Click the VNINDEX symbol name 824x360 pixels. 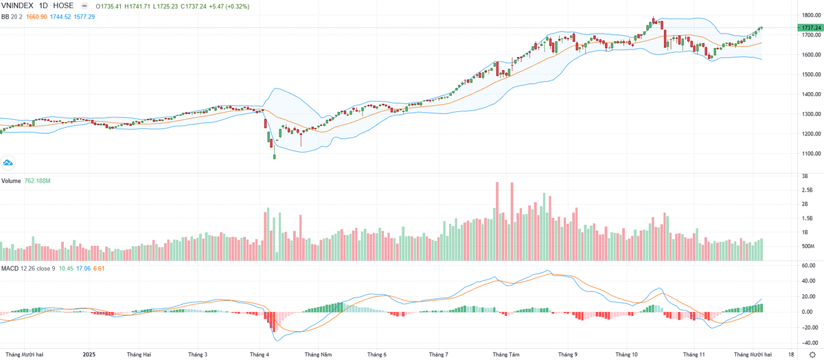(20, 5)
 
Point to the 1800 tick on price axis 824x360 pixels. (807, 14)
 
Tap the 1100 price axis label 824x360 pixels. (807, 154)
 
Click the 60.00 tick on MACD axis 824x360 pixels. (808, 265)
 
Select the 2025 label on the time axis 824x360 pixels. (89, 355)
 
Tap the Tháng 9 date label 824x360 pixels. (567, 355)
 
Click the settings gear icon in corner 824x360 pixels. (812, 355)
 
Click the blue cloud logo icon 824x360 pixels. (8, 163)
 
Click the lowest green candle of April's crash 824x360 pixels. (274, 157)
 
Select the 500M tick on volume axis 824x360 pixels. (808, 246)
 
